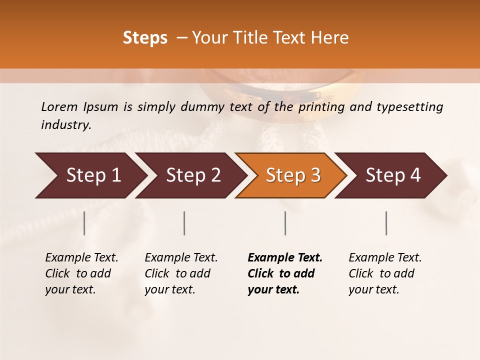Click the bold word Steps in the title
click(145, 38)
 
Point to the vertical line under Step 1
click(84, 223)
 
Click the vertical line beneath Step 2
click(184, 223)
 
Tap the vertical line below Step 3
click(285, 223)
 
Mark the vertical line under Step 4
click(386, 223)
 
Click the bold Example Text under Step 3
click(284, 273)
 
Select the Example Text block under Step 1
click(81, 273)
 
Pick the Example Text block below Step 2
click(180, 273)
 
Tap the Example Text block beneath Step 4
click(384, 273)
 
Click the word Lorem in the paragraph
click(59, 107)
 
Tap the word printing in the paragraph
click(321, 107)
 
